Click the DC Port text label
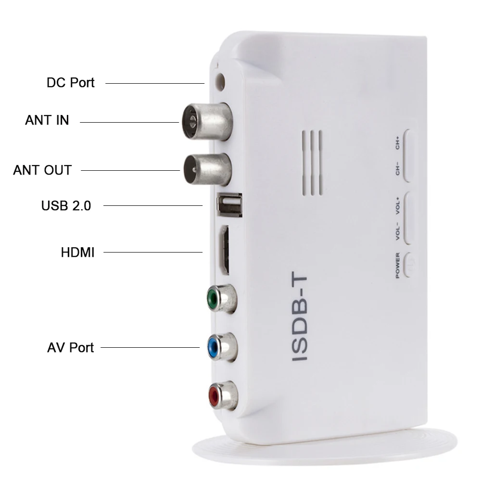70,83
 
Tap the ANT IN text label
47,120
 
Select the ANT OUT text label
42,170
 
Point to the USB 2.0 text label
66,205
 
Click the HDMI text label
77,253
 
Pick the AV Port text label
70,348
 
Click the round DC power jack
220,82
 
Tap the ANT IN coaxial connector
207,122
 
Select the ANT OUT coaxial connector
207,170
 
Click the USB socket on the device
229,204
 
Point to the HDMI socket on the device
224,250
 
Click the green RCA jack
222,298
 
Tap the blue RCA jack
222,347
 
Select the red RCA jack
223,396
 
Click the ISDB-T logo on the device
299,316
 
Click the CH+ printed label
397,143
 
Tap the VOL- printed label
398,231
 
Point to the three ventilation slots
312,163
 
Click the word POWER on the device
398,266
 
